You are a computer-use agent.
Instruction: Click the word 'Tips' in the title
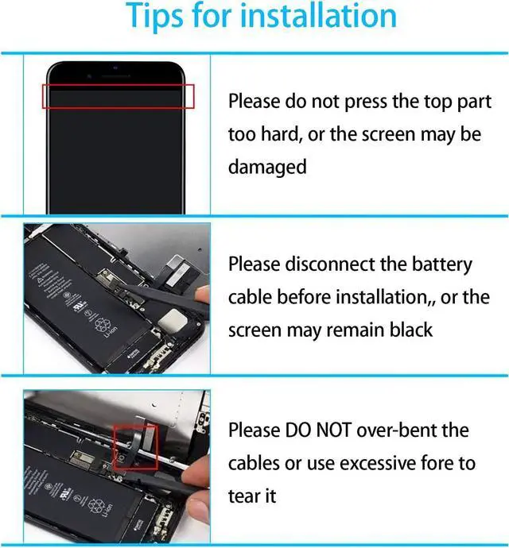pos(154,16)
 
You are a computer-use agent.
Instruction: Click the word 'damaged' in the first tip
pos(267,168)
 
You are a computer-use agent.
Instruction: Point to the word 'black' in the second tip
pos(411,330)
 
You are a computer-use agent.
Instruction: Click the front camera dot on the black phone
pos(115,68)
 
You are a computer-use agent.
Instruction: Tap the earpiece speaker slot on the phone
pos(116,75)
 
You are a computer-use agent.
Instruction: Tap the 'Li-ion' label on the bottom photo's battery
pos(108,511)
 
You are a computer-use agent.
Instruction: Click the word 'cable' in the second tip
pos(249,297)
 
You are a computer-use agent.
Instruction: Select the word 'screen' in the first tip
pos(388,134)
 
